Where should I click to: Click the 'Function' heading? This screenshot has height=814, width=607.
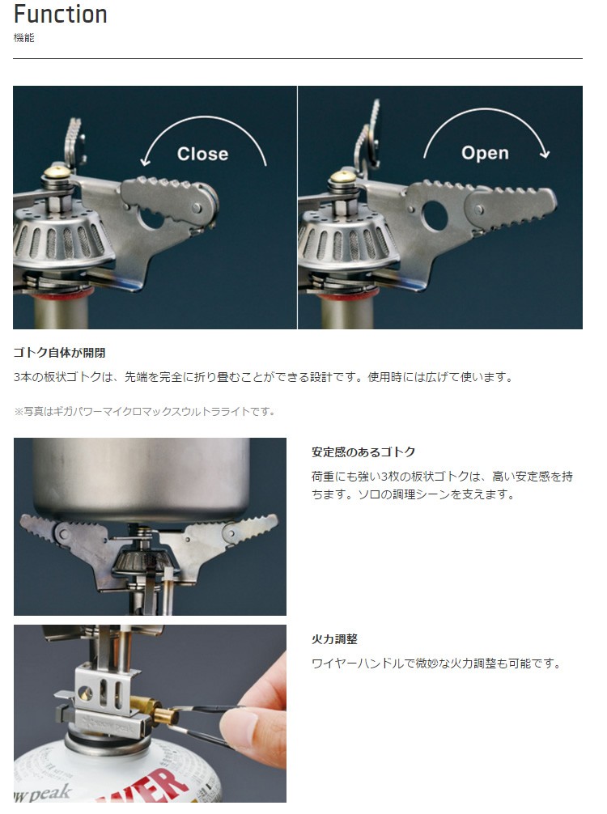(x=60, y=14)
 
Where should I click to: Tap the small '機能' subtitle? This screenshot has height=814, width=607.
(x=24, y=38)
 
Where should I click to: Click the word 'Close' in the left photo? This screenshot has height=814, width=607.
(x=202, y=154)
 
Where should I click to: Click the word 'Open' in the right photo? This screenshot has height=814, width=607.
(x=485, y=153)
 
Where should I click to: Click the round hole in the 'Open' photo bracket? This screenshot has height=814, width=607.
(x=434, y=215)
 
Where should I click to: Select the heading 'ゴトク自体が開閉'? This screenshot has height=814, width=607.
(x=59, y=353)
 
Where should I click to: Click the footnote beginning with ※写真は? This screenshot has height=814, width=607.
(x=144, y=412)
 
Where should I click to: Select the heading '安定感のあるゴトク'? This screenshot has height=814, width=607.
(x=363, y=452)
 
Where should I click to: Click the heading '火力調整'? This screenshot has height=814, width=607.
(x=334, y=639)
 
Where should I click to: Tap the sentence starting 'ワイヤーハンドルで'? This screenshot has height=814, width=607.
(x=436, y=663)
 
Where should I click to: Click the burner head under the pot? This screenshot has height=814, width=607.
(x=134, y=561)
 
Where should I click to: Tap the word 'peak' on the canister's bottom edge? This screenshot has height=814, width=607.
(x=51, y=793)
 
